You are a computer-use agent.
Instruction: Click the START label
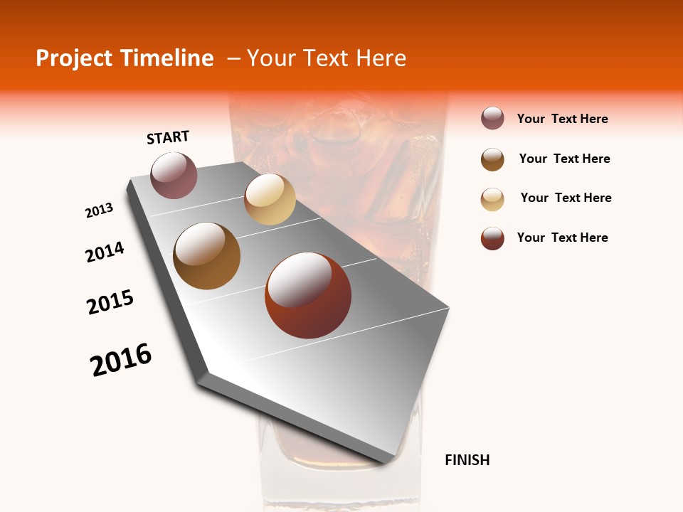(168, 137)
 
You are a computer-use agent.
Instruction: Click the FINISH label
(467, 460)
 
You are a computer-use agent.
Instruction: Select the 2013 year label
(100, 210)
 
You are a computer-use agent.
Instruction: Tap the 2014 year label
(105, 252)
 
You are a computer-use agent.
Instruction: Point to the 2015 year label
(110, 302)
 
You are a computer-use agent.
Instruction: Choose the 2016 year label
(121, 360)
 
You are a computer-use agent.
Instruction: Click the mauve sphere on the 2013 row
(174, 175)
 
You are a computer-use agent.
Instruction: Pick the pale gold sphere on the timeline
(270, 199)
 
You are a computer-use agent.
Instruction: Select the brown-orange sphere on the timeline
(207, 256)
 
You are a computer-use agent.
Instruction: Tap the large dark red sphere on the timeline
(308, 295)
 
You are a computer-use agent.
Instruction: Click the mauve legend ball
(492, 119)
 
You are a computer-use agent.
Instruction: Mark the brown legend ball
(492, 159)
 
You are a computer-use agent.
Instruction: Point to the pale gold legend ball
(492, 199)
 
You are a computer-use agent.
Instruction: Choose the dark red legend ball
(492, 239)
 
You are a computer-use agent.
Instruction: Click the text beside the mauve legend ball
(562, 119)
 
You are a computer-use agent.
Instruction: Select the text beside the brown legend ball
(564, 159)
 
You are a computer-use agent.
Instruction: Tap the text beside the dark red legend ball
(562, 238)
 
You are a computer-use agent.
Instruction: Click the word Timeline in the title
(170, 58)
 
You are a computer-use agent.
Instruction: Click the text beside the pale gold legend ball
(566, 198)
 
